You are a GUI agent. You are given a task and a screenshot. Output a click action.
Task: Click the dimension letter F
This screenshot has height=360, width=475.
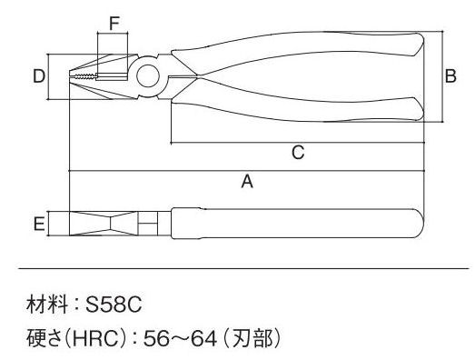click(114, 24)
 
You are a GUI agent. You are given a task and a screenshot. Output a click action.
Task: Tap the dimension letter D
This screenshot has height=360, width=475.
click(39, 76)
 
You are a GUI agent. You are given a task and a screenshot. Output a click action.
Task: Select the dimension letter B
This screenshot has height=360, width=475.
click(450, 76)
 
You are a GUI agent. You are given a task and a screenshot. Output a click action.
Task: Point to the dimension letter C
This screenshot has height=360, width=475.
click(298, 152)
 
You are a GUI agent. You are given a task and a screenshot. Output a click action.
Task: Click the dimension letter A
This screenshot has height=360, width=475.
click(247, 182)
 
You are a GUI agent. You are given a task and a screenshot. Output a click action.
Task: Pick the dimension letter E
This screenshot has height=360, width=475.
click(39, 225)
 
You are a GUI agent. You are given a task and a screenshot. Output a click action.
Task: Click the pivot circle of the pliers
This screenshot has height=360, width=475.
click(148, 75)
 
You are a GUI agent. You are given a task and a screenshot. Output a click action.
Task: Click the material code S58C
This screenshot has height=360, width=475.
click(114, 305)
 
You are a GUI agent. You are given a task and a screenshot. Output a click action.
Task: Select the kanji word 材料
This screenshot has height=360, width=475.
click(47, 305)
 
